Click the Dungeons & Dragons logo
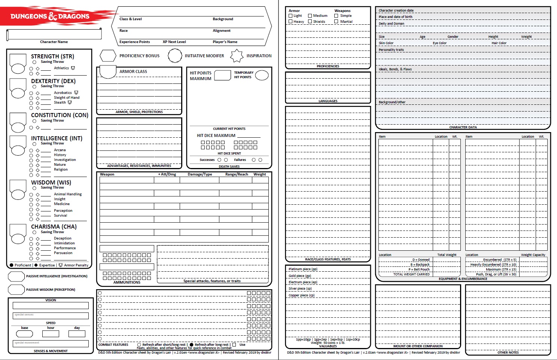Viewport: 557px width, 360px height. point(50,16)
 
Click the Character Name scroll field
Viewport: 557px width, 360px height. point(54,35)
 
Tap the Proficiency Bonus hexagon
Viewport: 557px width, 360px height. point(108,56)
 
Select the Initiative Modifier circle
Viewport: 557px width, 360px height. point(175,56)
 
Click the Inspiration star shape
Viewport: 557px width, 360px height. point(237,56)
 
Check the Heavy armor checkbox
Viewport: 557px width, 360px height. point(290,22)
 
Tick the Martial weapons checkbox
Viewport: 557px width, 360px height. point(336,22)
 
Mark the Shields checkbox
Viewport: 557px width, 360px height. point(310,22)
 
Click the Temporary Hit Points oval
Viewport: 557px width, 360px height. point(262,75)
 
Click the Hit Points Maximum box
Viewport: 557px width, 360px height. point(222,75)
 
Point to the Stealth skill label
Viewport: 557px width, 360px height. point(60,103)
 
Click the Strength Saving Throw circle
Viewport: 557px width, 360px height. point(34,62)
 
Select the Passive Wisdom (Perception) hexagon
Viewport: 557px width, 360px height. point(16,290)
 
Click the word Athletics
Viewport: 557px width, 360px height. point(61,68)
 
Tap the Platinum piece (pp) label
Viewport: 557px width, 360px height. point(303,269)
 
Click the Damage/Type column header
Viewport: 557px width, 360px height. point(200,174)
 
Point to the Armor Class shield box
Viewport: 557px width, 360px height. point(108,72)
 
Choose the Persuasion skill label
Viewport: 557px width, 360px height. point(63,253)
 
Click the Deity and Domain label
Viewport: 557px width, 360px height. point(392,24)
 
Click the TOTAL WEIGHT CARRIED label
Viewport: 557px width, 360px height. point(411,274)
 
